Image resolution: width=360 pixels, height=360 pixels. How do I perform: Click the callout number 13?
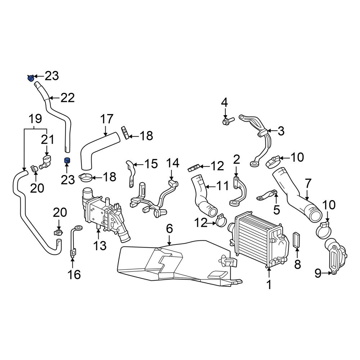point(100,246)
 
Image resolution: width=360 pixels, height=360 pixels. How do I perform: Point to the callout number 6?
point(169,229)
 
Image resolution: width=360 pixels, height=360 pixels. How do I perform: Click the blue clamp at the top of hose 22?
point(31,78)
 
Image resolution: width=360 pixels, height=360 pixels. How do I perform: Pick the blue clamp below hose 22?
point(67,161)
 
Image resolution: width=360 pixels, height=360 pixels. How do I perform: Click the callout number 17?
point(107,119)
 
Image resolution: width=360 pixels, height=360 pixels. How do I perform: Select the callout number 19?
point(35,119)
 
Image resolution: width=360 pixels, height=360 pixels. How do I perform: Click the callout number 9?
point(318,273)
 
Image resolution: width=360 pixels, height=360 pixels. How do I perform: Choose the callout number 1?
point(269,285)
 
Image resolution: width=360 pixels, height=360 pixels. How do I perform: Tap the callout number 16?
point(74,274)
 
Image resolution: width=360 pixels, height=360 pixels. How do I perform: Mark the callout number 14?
point(173,163)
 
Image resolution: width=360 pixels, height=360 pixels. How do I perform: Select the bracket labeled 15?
point(130,174)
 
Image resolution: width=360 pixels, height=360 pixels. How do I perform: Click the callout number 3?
point(281,131)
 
